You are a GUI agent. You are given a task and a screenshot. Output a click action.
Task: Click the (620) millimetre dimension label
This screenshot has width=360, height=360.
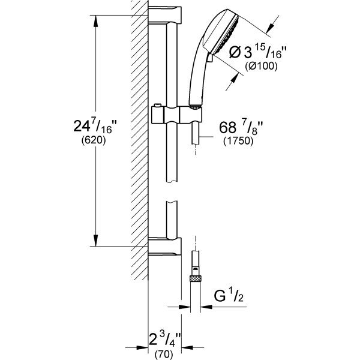(x=94, y=140)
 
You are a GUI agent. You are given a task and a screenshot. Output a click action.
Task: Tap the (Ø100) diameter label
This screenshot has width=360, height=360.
(x=261, y=66)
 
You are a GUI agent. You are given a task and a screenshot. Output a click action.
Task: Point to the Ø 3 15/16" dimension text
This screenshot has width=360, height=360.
(x=257, y=52)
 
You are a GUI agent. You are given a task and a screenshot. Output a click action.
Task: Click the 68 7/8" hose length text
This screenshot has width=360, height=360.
(x=241, y=127)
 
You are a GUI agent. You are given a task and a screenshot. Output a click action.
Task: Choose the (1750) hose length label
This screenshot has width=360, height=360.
(x=238, y=141)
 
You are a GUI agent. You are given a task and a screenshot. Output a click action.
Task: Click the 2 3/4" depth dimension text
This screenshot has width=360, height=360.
(x=165, y=340)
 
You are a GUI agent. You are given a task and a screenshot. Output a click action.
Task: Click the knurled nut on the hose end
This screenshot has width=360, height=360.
(x=195, y=279)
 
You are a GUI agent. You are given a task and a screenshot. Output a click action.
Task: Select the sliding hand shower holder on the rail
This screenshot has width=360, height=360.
(x=177, y=115)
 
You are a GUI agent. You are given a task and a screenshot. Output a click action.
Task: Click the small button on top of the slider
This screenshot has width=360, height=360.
(x=157, y=106)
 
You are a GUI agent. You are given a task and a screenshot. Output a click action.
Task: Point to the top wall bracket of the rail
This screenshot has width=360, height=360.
(x=165, y=14)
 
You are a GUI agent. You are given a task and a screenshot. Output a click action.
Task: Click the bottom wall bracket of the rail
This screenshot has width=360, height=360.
(x=165, y=246)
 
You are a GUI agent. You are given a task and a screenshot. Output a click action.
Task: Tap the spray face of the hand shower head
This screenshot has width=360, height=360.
(x=226, y=34)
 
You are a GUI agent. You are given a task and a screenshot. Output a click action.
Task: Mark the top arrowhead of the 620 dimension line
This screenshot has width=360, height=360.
(x=96, y=21)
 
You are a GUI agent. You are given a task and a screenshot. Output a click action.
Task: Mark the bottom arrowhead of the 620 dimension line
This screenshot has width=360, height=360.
(x=96, y=241)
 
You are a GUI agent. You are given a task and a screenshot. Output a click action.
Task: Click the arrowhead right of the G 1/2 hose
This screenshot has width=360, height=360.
(x=206, y=307)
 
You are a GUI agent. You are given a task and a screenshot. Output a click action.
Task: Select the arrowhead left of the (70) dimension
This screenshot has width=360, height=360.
(x=142, y=347)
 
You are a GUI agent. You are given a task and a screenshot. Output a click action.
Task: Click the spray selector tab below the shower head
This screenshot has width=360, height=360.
(x=209, y=58)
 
